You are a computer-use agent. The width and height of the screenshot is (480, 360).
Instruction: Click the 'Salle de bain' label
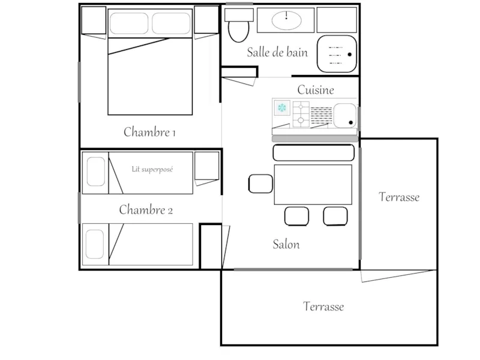point(277,52)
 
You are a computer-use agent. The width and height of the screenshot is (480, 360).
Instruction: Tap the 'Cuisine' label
point(316,90)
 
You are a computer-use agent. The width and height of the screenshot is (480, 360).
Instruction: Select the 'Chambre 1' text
point(149,132)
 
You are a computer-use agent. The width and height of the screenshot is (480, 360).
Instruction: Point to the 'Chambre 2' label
point(146,210)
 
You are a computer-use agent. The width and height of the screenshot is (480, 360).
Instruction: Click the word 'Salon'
point(286,244)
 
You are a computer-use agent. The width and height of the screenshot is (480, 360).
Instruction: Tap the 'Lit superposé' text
point(152,169)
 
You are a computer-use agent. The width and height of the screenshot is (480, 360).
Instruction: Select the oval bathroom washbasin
point(286,20)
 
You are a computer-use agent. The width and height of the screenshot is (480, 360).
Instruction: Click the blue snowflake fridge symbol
point(281,108)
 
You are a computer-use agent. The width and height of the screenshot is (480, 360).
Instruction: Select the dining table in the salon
point(313,185)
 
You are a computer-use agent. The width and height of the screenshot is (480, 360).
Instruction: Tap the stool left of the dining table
point(260,184)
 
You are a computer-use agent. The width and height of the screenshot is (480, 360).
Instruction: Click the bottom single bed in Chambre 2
point(137,244)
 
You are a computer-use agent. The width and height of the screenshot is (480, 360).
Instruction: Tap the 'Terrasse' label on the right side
point(399,197)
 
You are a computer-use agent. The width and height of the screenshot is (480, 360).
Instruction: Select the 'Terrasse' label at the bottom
point(323,307)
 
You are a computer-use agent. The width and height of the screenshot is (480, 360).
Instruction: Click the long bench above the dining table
point(313,153)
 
